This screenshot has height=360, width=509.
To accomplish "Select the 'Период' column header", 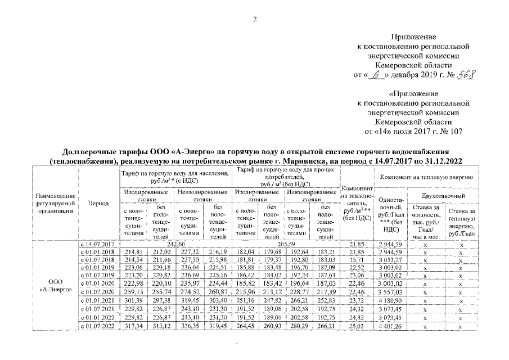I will click(x=98, y=203).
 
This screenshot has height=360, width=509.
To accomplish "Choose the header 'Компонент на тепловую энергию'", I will click(x=425, y=177).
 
